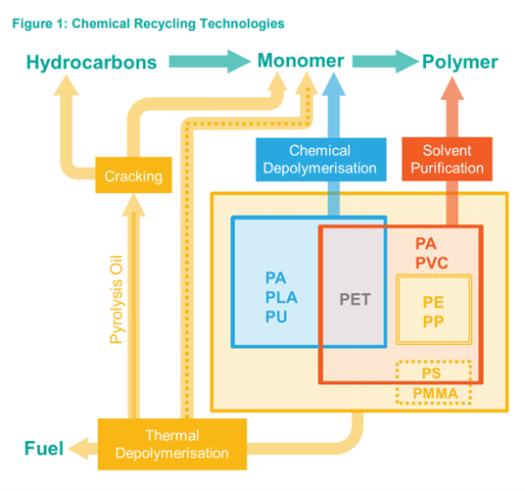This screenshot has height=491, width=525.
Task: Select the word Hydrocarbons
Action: (91, 64)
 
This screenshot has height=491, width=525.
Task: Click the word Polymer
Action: (459, 64)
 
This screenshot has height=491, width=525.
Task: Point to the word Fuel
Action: (44, 450)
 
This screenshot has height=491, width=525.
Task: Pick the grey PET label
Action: (356, 299)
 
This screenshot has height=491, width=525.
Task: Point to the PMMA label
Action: (433, 395)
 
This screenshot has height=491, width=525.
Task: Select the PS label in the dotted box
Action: (433, 374)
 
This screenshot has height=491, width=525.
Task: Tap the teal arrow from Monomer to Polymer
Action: (384, 64)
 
